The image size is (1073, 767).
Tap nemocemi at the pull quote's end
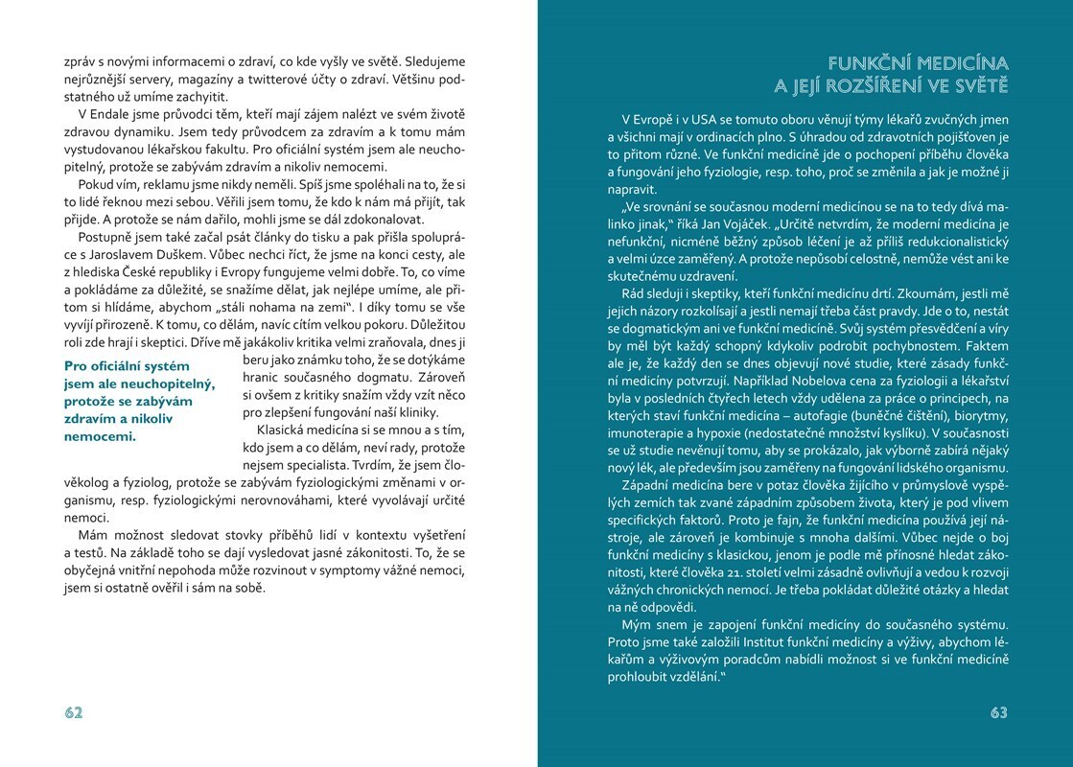click(x=99, y=435)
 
